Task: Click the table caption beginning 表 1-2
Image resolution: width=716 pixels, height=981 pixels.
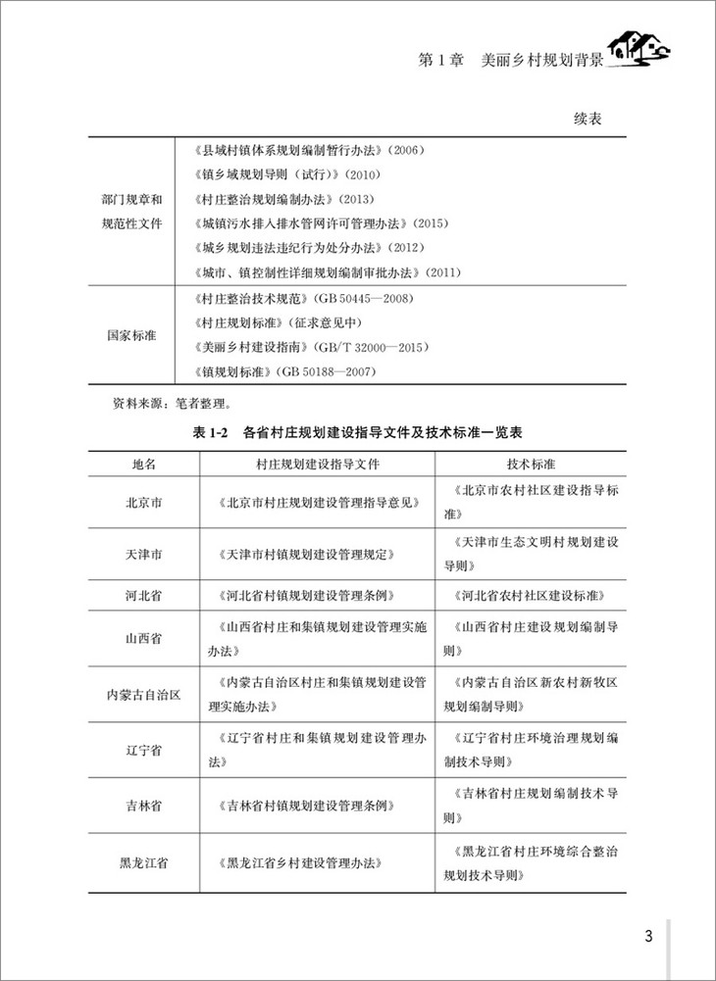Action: click(x=357, y=432)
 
